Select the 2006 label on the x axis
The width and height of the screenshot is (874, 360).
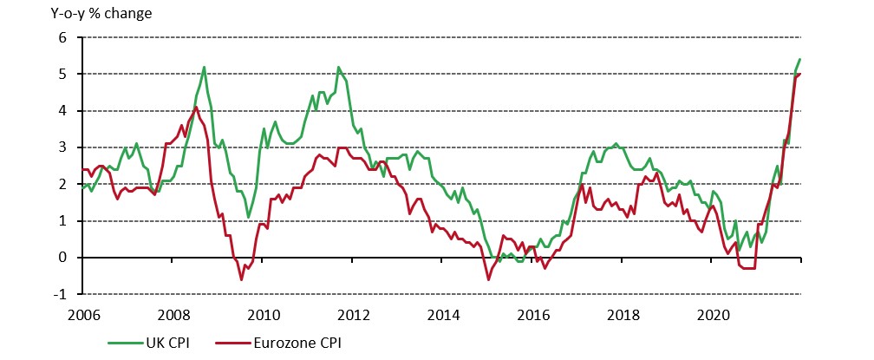click(82, 313)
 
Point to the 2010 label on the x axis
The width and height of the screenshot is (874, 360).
click(264, 313)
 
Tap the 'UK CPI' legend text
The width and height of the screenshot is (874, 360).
click(161, 344)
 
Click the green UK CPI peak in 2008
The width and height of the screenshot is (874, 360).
click(204, 67)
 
